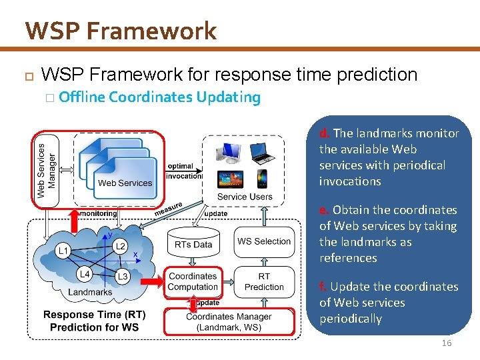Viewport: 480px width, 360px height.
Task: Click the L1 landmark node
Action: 63,251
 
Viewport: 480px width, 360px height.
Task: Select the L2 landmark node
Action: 120,247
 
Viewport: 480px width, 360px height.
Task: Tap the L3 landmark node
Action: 122,276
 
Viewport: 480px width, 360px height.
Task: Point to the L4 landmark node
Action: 84,274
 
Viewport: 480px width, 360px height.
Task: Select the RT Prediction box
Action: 264,281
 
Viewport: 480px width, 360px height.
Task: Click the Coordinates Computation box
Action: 193,281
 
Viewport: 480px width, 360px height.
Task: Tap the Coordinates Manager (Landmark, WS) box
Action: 229,321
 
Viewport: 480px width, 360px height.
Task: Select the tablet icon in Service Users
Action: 231,179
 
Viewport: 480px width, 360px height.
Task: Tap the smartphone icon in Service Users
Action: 262,179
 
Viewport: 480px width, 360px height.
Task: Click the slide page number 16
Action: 446,343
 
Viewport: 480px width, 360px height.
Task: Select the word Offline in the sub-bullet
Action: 82,97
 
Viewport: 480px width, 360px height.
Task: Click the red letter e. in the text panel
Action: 324,210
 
